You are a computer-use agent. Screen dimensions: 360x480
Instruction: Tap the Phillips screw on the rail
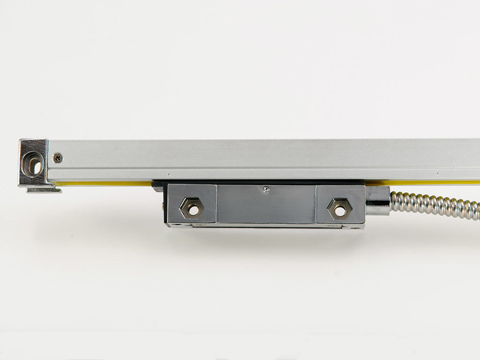coord(58,158)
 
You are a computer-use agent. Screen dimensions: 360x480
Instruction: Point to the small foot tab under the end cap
coord(44,190)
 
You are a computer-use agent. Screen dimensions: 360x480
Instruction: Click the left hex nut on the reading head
coord(192,208)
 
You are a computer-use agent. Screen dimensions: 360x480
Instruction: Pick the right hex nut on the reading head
coord(340,209)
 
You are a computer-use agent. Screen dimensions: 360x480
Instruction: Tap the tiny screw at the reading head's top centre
coord(266,189)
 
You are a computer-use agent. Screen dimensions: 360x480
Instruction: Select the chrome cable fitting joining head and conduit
coord(378,201)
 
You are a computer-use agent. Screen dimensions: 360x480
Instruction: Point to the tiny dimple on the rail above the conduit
coord(437,174)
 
